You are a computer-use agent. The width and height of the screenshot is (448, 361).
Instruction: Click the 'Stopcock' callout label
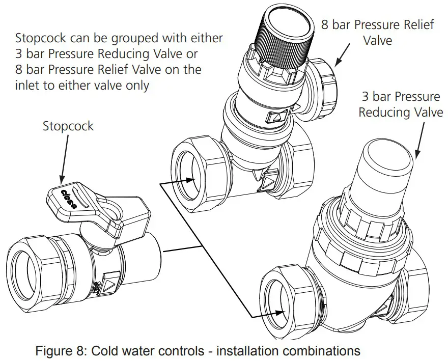[x=68, y=126]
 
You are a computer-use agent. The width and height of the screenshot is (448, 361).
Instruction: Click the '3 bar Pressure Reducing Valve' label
[x=400, y=104]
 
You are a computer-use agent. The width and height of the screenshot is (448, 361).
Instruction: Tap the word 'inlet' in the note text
[x=31, y=85]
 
